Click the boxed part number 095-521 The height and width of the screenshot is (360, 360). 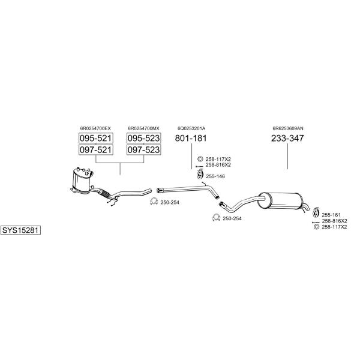(x=96, y=138)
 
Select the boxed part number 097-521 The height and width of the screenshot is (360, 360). (x=96, y=149)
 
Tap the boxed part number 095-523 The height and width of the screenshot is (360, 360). (x=144, y=138)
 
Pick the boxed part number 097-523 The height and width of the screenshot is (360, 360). (x=144, y=149)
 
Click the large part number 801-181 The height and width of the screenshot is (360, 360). (x=191, y=138)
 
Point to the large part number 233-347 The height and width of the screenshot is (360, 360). (x=287, y=138)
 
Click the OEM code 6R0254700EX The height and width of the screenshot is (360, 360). (x=95, y=128)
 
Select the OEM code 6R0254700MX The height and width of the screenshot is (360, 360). (x=143, y=128)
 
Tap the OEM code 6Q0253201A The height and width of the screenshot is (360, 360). (x=191, y=128)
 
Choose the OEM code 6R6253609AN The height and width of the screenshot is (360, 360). (x=287, y=128)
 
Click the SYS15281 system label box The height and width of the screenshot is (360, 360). (x=20, y=230)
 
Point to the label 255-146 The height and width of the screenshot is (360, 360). (x=215, y=176)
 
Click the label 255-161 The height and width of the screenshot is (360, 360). (x=331, y=215)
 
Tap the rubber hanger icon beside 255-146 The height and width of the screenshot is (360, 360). (x=200, y=174)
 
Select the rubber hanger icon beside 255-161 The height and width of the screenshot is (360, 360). (x=316, y=212)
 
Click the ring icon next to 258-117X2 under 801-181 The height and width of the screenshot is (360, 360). (x=200, y=159)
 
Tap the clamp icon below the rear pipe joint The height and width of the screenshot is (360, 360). (x=216, y=217)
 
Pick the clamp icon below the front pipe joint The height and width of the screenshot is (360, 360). (x=154, y=202)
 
